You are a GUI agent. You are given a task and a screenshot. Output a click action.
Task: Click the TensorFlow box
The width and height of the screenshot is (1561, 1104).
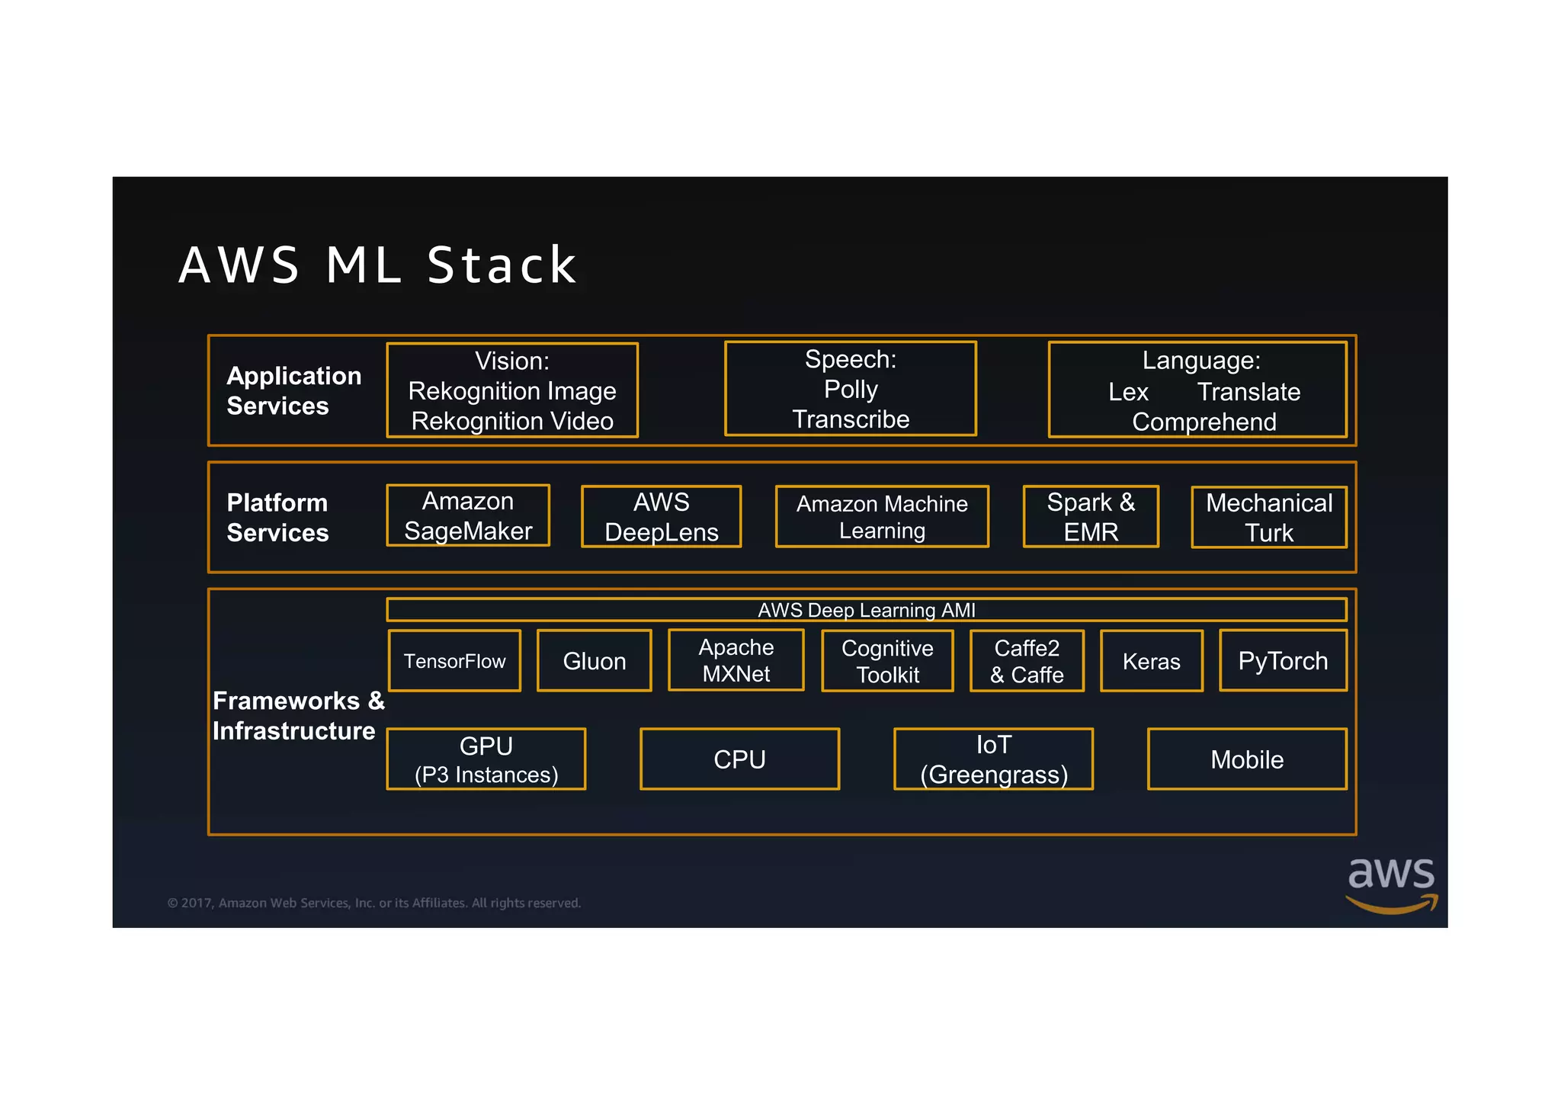tap(454, 661)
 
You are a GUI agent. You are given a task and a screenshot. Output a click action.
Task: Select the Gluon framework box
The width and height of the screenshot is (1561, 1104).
tap(594, 661)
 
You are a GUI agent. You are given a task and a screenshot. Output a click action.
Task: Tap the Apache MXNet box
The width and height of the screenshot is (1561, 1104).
tap(736, 660)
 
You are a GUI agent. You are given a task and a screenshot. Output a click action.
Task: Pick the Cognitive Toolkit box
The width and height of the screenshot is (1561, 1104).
tap(887, 661)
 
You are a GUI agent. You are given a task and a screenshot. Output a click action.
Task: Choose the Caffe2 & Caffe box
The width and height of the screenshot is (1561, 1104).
tap(1027, 661)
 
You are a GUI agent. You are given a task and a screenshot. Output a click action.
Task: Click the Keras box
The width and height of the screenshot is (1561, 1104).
tap(1151, 661)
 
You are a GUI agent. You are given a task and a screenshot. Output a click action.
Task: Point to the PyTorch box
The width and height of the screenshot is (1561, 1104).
tap(1283, 660)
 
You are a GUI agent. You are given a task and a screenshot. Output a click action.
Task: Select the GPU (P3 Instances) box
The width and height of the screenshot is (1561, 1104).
tap(486, 759)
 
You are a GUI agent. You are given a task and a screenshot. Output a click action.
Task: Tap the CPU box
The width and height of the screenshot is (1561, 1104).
tap(739, 759)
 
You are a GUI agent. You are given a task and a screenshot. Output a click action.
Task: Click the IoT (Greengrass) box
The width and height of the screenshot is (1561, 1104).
tap(993, 759)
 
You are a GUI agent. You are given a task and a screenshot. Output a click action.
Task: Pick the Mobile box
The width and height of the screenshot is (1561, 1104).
tap(1247, 759)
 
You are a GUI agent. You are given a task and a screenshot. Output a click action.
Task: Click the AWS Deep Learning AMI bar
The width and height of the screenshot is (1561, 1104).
tap(866, 610)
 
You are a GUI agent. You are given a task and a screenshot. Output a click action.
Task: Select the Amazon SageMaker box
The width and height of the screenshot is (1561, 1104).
tap(468, 516)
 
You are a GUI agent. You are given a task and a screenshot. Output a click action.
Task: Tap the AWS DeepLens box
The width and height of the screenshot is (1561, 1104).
tap(661, 517)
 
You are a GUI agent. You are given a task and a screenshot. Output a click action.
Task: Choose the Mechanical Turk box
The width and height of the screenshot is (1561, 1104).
tap(1269, 518)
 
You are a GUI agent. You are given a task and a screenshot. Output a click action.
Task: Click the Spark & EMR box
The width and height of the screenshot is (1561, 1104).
tap(1091, 517)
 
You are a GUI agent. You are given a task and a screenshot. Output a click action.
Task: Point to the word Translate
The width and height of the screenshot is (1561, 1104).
tap(1248, 392)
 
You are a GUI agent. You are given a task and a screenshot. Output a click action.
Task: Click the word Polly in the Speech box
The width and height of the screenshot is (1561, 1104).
tap(851, 390)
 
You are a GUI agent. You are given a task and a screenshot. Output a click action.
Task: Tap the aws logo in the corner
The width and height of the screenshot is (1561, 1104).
tap(1391, 884)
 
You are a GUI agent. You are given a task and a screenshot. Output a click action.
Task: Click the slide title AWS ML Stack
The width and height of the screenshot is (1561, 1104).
tap(378, 265)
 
